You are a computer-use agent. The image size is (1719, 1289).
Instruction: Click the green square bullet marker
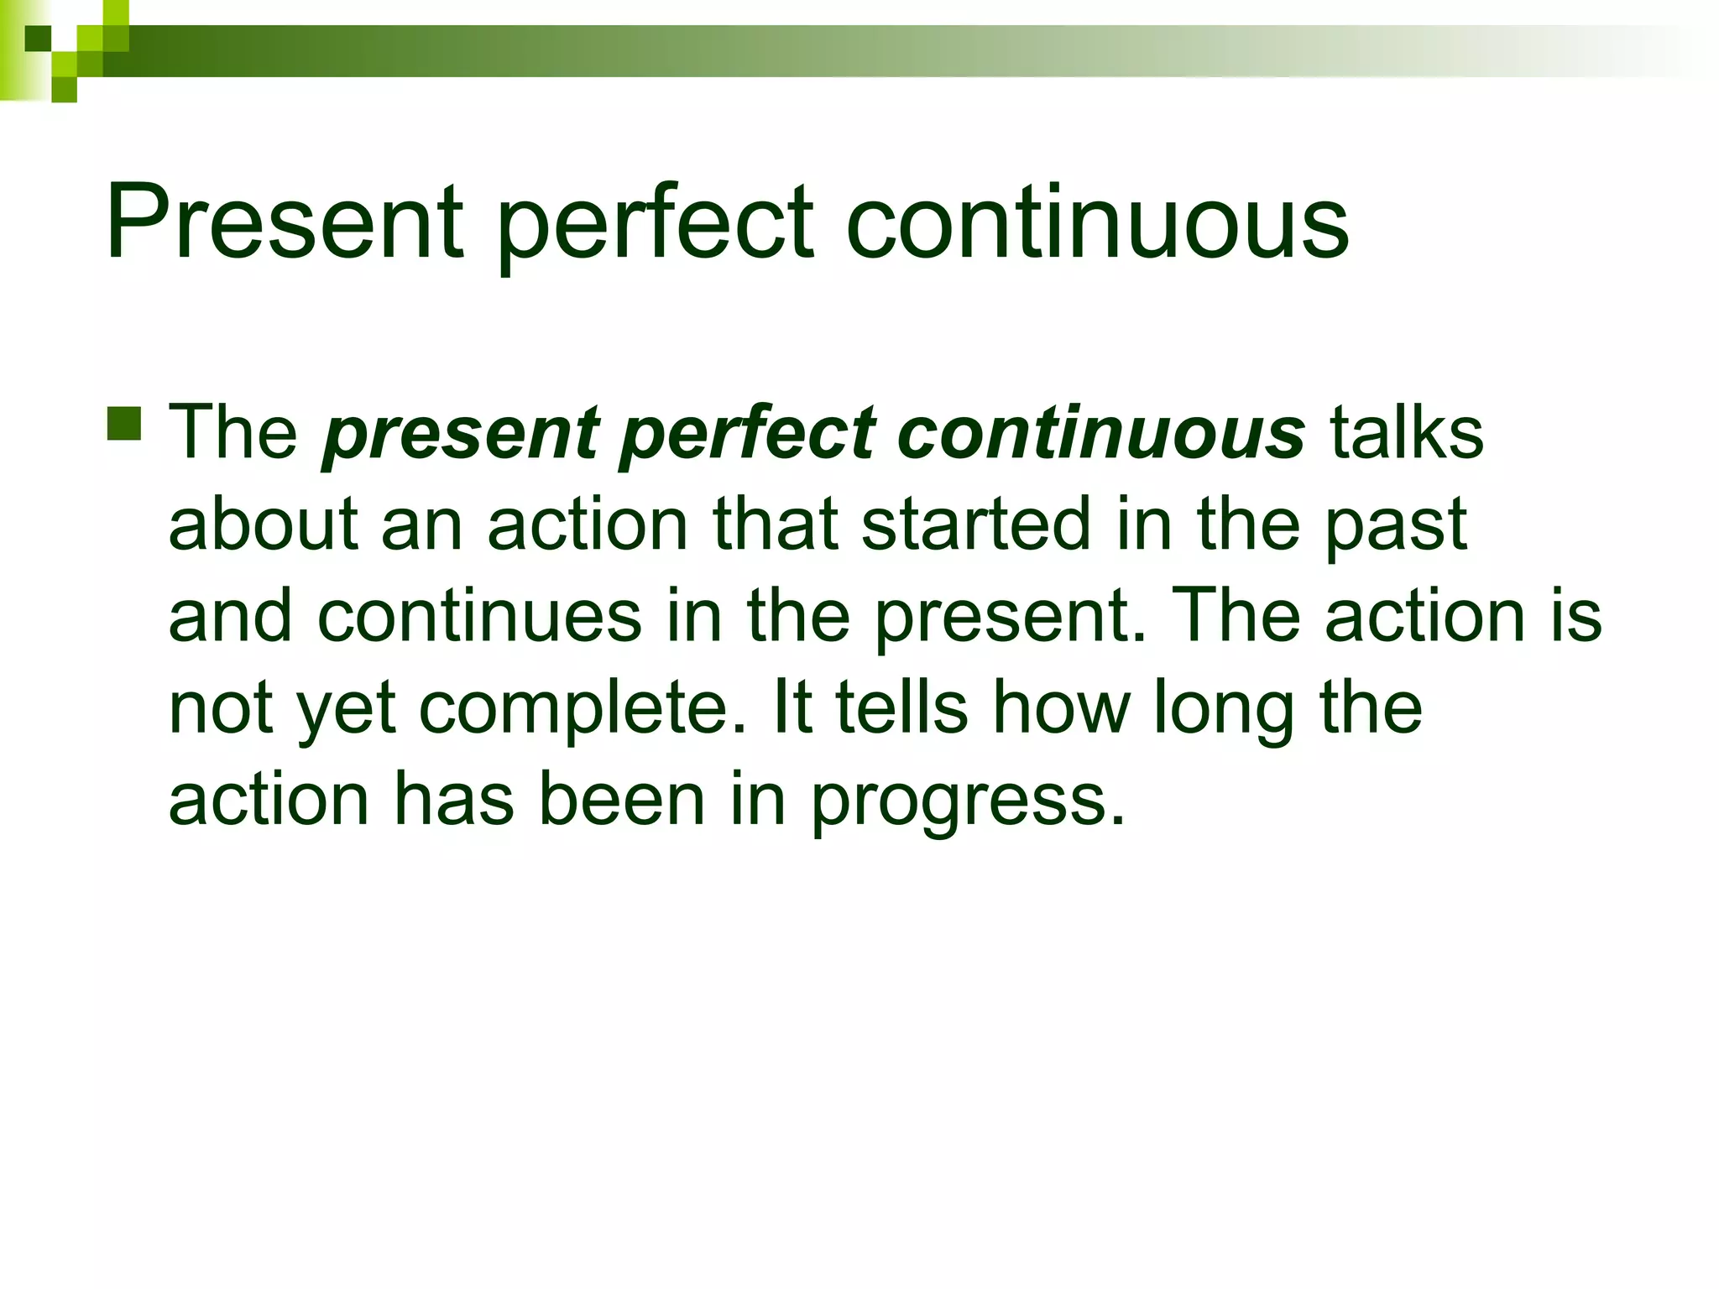[124, 424]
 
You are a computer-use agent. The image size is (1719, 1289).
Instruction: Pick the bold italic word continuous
[1100, 433]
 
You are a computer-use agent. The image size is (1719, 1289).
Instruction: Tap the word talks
[1407, 433]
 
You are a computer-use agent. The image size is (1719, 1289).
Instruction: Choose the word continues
[479, 616]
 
